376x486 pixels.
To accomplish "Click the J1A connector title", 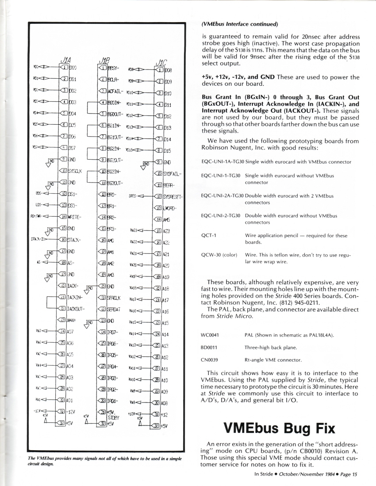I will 64,61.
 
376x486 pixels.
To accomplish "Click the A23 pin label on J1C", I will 167,231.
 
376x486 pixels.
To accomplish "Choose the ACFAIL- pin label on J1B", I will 116,92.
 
